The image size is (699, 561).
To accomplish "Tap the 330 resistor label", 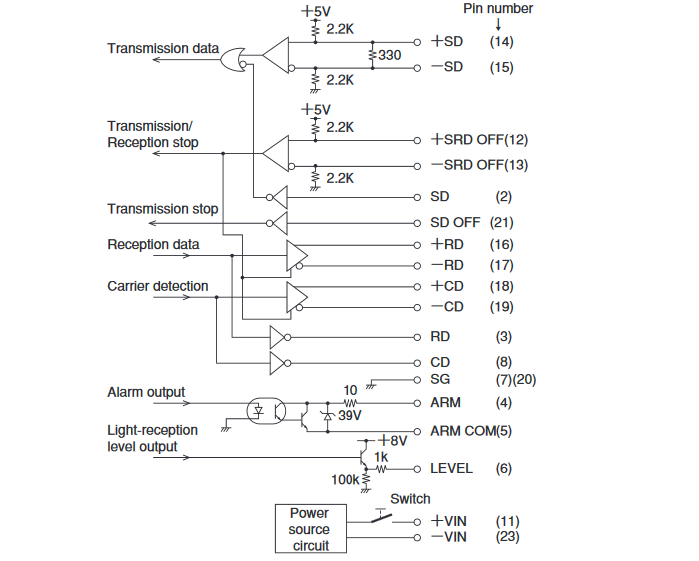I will [389, 56].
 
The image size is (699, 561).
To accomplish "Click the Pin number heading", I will [498, 9].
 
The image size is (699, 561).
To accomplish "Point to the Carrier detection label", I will [157, 286].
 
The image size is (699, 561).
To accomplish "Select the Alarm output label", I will [146, 392].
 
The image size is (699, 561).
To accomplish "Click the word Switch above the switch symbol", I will [410, 498].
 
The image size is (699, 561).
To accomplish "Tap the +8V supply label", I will [395, 439].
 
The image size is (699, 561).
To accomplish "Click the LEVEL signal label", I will [451, 468].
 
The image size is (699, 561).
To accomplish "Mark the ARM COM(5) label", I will [472, 431].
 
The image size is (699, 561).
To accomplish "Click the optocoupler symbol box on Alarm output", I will [266, 409].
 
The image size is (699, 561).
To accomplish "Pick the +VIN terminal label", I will [449, 521].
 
